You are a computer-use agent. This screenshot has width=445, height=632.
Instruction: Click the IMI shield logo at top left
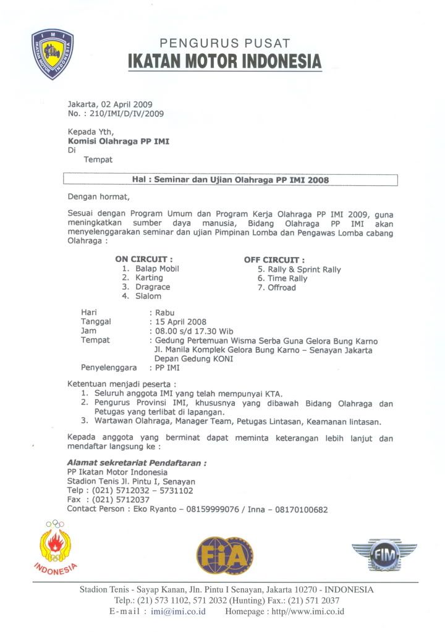click(53, 54)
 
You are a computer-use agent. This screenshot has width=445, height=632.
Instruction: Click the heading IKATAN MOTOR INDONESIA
click(225, 62)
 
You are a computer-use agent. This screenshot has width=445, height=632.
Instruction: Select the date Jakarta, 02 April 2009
click(110, 104)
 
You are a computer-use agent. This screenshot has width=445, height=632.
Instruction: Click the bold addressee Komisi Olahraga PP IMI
click(118, 141)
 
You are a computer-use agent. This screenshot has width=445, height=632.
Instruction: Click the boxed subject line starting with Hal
click(231, 180)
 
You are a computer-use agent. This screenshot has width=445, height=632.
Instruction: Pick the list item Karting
click(149, 278)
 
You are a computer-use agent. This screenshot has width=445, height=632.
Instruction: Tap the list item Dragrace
click(153, 287)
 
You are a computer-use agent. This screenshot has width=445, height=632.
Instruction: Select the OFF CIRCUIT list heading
click(274, 260)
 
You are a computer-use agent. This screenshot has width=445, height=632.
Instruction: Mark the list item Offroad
click(282, 287)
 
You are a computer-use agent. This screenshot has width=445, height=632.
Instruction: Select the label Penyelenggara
click(109, 367)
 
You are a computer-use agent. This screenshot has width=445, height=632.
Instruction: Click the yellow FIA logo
click(225, 555)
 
